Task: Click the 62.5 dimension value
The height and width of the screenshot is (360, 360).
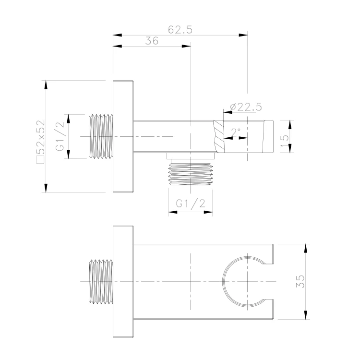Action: (x=180, y=30)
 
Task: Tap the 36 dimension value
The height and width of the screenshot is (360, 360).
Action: (x=152, y=41)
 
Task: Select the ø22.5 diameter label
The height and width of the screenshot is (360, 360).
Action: (x=246, y=107)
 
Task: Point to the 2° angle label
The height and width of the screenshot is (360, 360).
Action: (x=236, y=132)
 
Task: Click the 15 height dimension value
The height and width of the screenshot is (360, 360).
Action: (x=284, y=138)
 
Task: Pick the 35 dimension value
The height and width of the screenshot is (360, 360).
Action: (x=300, y=281)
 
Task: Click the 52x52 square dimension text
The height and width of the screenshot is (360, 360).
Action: (x=41, y=137)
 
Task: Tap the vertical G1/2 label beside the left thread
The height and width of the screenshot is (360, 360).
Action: (x=60, y=136)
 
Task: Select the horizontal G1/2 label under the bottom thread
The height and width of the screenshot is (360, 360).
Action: (x=191, y=204)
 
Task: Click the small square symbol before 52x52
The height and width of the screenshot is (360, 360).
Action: (x=41, y=159)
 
